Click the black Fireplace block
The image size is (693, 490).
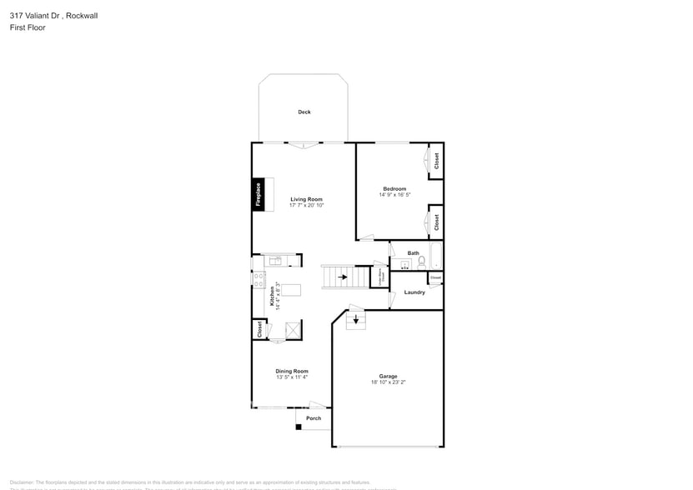(259, 194)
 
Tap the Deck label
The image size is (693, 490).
(304, 112)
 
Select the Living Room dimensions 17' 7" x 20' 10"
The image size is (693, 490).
(306, 205)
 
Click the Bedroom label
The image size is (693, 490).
(394, 189)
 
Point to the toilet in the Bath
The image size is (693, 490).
(422, 262)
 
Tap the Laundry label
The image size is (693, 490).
(414, 292)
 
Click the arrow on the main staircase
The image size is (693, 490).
(342, 277)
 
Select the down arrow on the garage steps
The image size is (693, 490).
(357, 318)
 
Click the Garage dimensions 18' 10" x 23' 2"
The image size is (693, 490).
(389, 382)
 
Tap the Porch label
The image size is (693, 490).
(314, 418)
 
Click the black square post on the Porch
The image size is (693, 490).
(298, 427)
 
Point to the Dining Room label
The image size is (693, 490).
(292, 371)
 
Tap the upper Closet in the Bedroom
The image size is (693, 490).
(435, 161)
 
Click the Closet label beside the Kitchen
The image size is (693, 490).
(259, 330)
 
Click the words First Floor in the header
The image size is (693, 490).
(28, 27)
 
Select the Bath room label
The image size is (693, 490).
(414, 253)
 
